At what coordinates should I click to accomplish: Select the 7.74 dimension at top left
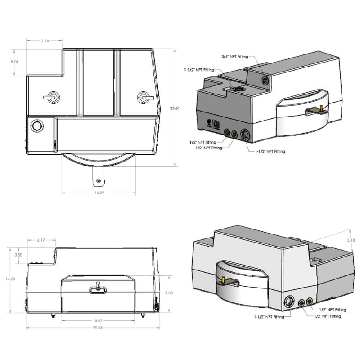(x=45, y=41)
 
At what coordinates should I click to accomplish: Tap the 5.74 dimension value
(x=15, y=62)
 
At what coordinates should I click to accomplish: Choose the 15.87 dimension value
(x=98, y=320)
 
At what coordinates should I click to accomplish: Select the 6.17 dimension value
(x=40, y=240)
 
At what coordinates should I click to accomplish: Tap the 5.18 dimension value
(x=351, y=241)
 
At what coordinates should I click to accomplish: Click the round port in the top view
(x=36, y=126)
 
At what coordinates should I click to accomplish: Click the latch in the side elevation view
(x=98, y=289)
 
